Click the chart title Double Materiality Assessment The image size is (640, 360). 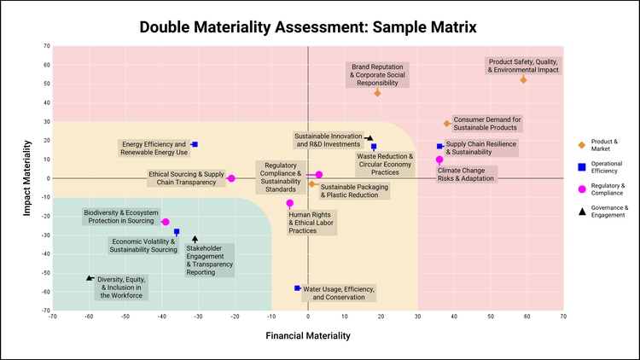[x=308, y=27]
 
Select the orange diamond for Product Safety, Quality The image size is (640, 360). [x=523, y=79]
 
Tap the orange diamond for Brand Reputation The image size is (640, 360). [x=378, y=93]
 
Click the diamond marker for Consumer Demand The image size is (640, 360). [x=446, y=124]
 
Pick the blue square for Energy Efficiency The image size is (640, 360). [x=195, y=145]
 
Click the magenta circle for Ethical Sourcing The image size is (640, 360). [x=231, y=178]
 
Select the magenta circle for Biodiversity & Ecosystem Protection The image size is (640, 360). [x=166, y=222]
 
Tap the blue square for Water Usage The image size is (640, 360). [x=297, y=288]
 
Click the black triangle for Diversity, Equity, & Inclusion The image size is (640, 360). [x=90, y=278]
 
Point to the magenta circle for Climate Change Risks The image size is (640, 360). [x=439, y=160]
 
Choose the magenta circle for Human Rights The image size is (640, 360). [x=290, y=203]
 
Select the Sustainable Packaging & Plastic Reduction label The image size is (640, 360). [x=349, y=191]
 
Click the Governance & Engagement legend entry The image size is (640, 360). [x=609, y=211]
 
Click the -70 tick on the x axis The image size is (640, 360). [x=53, y=316]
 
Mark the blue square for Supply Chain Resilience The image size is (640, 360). [x=439, y=146]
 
